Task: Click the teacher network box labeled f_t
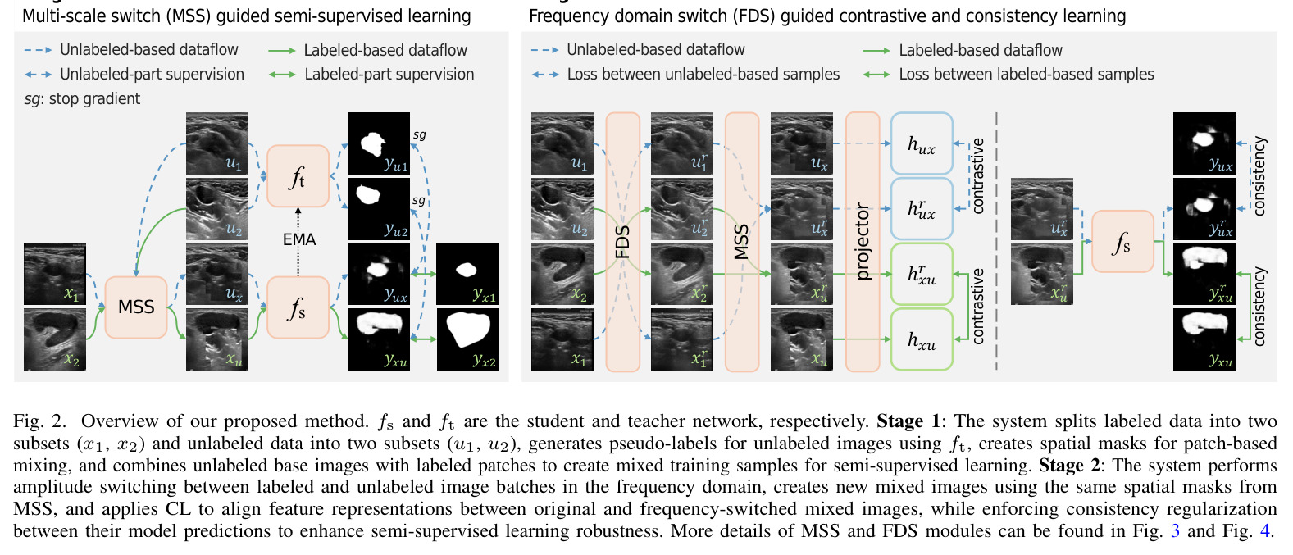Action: pyautogui.click(x=298, y=176)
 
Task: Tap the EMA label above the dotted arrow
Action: pyautogui.click(x=299, y=239)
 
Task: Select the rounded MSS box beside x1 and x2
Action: pyautogui.click(x=136, y=307)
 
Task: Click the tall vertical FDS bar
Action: pyautogui.click(x=623, y=242)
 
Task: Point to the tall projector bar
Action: pyautogui.click(x=863, y=242)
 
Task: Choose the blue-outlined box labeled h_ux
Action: pyautogui.click(x=922, y=143)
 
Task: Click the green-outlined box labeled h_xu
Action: pyautogui.click(x=922, y=340)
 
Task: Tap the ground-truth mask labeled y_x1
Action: pyautogui.click(x=467, y=274)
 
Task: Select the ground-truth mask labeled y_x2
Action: pyautogui.click(x=467, y=339)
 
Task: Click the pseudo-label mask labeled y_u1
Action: pyautogui.click(x=379, y=143)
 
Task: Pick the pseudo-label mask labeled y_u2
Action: pyautogui.click(x=379, y=209)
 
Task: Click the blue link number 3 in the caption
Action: pyautogui.click(x=1175, y=530)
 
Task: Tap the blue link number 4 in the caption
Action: pyautogui.click(x=1265, y=530)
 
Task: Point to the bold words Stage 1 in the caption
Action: pyautogui.click(x=908, y=421)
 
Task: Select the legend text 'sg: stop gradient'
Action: pyautogui.click(x=82, y=99)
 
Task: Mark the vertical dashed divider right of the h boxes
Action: pyautogui.click(x=997, y=241)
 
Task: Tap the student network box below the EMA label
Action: pyautogui.click(x=298, y=307)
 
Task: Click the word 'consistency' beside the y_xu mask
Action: pyautogui.click(x=1259, y=307)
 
